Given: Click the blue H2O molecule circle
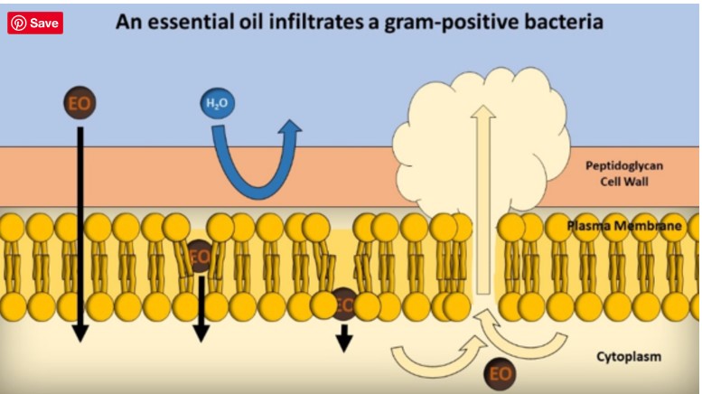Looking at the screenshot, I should [x=217, y=104].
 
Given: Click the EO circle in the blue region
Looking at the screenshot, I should [x=80, y=102].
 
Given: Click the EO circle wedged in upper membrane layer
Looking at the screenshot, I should [x=200, y=256].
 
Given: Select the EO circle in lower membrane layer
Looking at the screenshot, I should [x=344, y=304].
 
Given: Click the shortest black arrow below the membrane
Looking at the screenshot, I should [x=344, y=340].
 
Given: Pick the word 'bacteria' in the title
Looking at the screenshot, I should [x=559, y=21].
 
